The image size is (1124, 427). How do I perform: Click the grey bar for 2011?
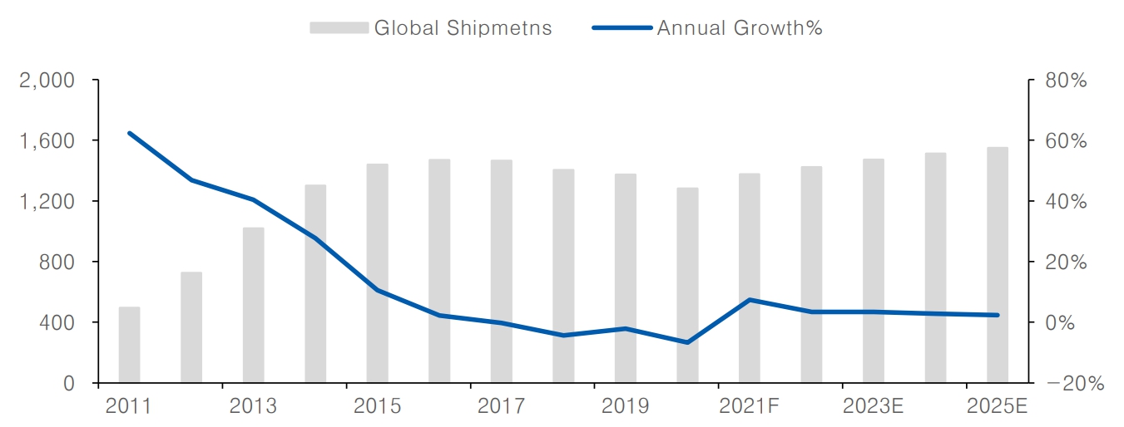pos(129,345)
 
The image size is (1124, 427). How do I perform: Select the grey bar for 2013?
pos(253,305)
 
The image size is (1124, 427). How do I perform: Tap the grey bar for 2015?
pos(377,273)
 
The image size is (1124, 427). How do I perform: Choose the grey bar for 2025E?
pos(998,265)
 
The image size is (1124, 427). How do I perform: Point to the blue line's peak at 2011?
pos(129,133)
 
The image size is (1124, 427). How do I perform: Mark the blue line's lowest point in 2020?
pos(687,342)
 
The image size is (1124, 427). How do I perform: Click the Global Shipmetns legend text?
pos(463,27)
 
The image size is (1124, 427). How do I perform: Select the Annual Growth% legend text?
pos(740,27)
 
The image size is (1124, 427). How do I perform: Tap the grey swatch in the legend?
pos(338,27)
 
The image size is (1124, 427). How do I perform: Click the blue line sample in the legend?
pos(621,27)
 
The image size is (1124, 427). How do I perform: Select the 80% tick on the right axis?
pos(1067,81)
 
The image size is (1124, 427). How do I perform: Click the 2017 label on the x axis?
pos(502,406)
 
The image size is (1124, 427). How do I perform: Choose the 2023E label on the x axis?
pos(873,406)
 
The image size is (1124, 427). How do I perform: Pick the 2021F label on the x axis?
pos(749,406)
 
